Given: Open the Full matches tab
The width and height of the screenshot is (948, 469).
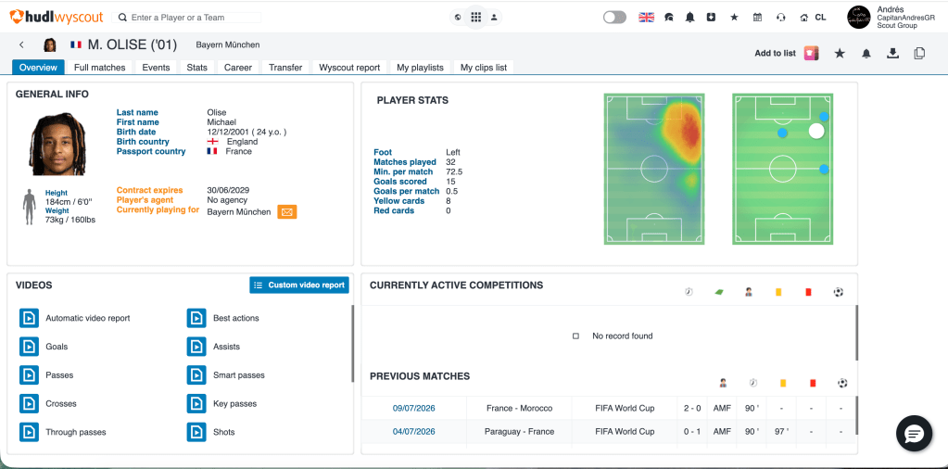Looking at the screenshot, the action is tap(100, 67).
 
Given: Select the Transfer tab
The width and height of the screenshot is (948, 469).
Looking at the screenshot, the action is tap(285, 67).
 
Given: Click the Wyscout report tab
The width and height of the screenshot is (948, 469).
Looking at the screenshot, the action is tap(349, 67).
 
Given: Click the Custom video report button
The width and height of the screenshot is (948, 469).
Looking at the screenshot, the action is tap(299, 285).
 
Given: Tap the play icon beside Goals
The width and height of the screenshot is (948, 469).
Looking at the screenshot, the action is tap(29, 347).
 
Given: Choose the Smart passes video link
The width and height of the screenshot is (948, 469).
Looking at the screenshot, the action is tap(239, 375).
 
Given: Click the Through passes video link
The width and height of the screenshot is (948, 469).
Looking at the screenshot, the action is tap(76, 432).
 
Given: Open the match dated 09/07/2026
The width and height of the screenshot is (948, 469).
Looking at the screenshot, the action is tap(413, 409).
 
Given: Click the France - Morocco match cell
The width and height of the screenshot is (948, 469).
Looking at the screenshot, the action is tap(519, 409).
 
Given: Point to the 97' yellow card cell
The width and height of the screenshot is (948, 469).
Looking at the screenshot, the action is tap(782, 432).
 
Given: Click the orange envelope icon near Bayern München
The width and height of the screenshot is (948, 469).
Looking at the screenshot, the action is tap(287, 212).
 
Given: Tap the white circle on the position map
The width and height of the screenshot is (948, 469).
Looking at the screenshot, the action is tap(816, 131).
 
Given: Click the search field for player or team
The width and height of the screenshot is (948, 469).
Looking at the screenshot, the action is tap(186, 18).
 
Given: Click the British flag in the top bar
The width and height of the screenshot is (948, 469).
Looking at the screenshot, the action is tap(646, 18).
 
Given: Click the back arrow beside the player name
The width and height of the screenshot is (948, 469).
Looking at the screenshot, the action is tap(21, 44).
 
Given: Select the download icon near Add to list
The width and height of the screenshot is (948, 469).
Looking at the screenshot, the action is tap(892, 53).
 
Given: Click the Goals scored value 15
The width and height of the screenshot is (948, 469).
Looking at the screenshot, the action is tap(450, 182).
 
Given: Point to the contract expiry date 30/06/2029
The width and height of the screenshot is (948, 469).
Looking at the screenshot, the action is tap(228, 190).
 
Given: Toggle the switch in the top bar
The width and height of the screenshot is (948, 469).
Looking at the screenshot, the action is tap(614, 18).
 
